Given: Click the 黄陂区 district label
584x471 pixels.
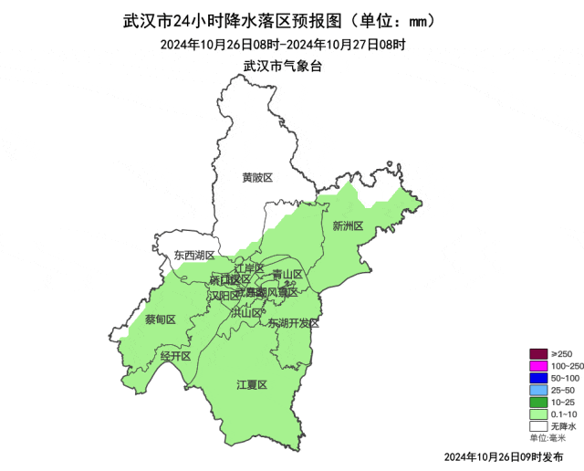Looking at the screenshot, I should click(257, 177).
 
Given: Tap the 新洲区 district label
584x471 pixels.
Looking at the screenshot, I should click(348, 225).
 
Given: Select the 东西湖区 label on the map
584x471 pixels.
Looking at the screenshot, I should click(194, 256).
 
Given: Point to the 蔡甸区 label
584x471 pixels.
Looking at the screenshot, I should click(160, 319).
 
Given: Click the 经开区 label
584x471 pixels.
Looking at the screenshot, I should click(175, 355).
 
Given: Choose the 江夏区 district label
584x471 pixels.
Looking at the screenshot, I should click(251, 385).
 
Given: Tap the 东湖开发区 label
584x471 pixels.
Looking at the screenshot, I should click(294, 323).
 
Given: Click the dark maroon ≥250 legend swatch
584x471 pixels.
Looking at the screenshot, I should click(538, 354).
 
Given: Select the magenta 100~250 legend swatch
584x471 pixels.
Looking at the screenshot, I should click(538, 366).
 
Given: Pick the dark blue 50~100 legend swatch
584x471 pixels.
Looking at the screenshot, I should click(538, 378).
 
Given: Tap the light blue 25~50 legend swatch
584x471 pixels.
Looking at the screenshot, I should click(538, 390).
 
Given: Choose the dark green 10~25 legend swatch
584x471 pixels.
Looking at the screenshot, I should click(538, 402).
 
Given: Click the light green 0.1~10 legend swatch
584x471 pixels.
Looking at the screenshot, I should click(538, 413).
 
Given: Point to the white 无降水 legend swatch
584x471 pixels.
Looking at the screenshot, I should click(538, 425).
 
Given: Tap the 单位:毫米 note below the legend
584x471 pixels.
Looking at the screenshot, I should click(547, 438).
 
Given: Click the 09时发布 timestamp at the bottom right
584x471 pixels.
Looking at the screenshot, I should click(503, 455).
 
